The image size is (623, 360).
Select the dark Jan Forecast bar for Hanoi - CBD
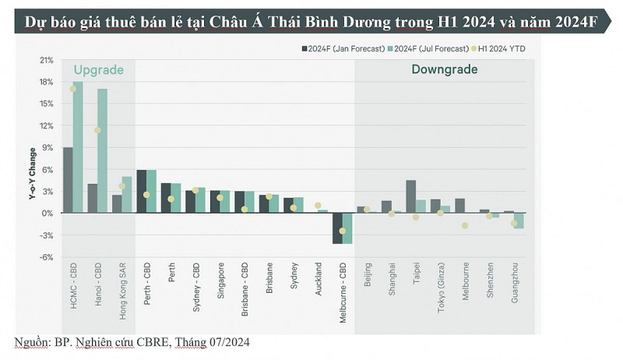[92, 198]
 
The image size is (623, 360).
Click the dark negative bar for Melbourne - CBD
[337, 228]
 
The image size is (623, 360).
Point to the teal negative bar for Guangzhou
[519, 221]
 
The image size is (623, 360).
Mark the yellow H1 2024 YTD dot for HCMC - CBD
[73, 89]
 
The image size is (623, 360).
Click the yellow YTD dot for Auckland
[318, 206]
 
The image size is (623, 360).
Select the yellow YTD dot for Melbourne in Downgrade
[465, 225]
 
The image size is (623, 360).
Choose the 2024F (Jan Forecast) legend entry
[343, 48]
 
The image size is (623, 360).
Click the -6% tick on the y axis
[46, 257]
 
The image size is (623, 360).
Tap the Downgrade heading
[444, 70]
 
